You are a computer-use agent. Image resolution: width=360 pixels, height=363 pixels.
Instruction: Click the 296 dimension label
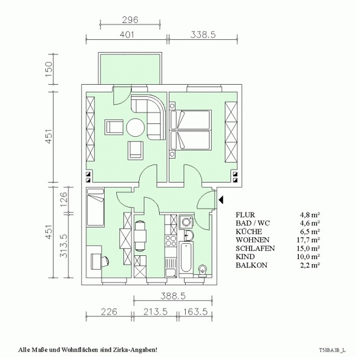pos(130,20)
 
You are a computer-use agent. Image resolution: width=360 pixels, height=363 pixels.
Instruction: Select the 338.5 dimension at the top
pos(203,34)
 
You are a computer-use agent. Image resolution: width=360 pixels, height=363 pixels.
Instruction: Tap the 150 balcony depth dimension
pos(50,70)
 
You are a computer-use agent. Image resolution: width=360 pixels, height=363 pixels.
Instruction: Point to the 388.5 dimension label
pos(173,296)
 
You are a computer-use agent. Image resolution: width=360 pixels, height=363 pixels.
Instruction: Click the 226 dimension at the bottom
pos(109,312)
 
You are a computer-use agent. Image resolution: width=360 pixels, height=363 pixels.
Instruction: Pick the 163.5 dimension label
pos(195,312)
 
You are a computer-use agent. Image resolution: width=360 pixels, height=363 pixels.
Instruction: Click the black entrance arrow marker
pos(221,200)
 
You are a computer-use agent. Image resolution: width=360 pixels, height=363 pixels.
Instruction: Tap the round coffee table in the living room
pos(136,128)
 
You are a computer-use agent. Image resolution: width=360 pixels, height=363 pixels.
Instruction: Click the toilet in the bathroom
pos(203,271)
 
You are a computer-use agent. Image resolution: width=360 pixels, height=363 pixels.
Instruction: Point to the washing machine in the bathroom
pos(186,222)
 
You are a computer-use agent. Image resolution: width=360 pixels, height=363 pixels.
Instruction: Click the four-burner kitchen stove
pos(171,241)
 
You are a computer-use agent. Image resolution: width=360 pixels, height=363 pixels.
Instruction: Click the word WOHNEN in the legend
pos(252,240)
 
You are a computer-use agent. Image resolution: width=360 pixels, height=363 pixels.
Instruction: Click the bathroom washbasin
pos(189,236)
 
